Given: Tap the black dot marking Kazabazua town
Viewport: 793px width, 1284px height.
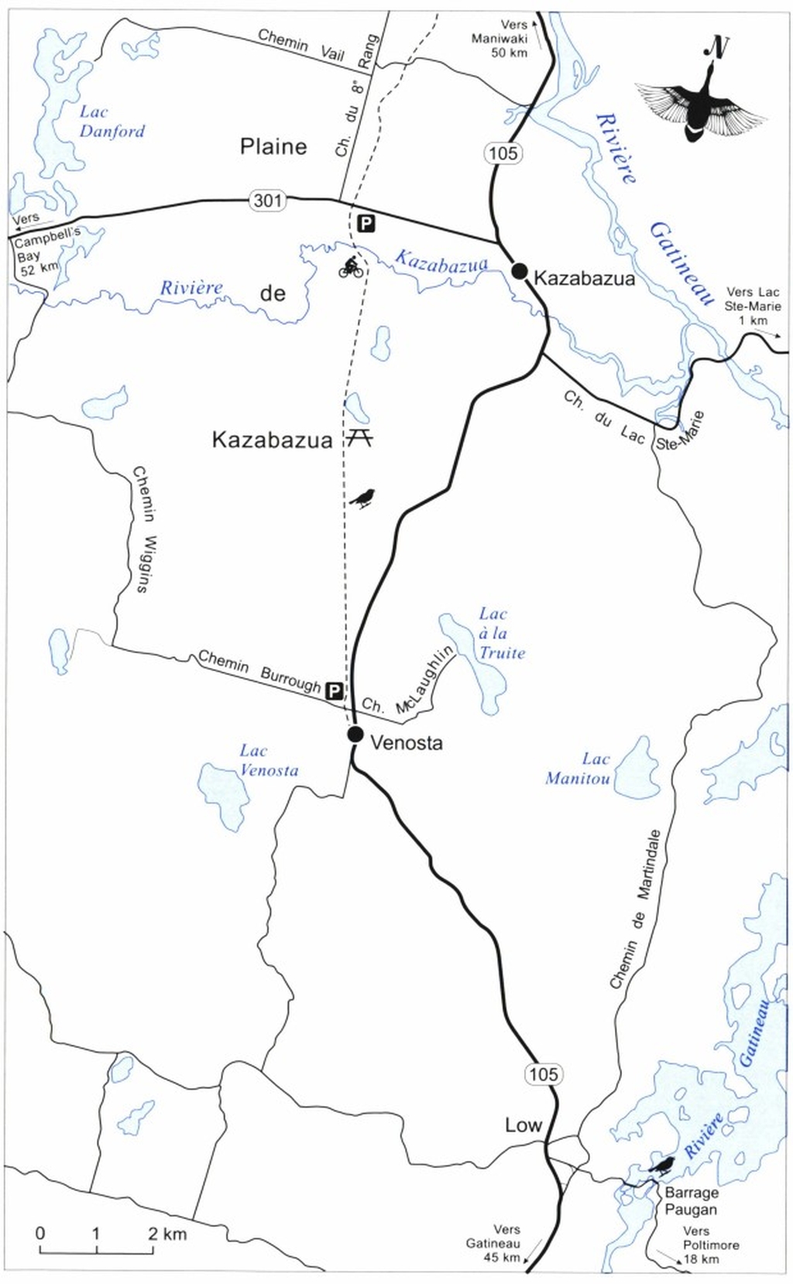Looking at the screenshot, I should (x=520, y=270).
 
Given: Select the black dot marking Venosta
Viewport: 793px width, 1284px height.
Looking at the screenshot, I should (x=355, y=734).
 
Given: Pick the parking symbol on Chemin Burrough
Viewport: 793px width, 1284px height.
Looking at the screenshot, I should (x=334, y=690).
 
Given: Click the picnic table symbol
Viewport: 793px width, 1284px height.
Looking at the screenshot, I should (x=358, y=438).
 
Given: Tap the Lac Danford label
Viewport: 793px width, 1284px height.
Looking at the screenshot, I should (x=112, y=122).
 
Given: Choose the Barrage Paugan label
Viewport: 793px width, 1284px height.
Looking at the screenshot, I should (x=691, y=1200).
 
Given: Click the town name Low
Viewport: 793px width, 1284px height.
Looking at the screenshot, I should (x=524, y=1125).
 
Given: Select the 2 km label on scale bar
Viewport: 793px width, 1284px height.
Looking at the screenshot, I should (x=167, y=1234).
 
